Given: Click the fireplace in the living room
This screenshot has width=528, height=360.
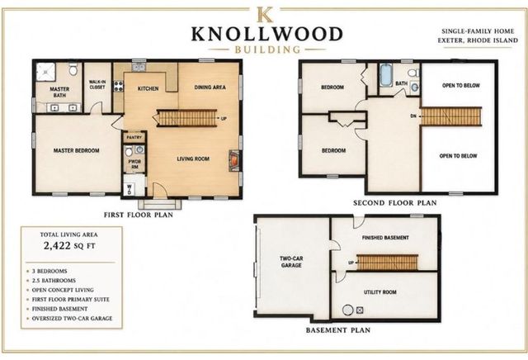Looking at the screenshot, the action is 233,160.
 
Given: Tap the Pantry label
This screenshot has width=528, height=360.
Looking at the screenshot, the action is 134,138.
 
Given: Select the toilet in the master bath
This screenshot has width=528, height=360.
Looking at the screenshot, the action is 73,69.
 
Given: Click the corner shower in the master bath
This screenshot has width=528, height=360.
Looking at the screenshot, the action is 45,72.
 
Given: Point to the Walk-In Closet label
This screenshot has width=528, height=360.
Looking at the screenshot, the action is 97,84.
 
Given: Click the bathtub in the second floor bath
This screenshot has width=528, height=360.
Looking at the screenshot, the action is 385,75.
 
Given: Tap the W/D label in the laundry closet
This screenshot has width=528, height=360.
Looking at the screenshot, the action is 129,189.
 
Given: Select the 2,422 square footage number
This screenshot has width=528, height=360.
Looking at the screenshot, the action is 57,245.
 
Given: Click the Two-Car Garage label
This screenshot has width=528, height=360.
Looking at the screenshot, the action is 291,262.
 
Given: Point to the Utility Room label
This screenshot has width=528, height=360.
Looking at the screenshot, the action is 379,292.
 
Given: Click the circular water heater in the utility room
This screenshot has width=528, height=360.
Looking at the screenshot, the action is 348,310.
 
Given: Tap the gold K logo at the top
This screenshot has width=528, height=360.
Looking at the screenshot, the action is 265,15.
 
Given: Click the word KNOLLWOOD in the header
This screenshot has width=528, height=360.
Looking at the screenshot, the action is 267,34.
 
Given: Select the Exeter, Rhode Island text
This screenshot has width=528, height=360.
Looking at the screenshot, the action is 478,40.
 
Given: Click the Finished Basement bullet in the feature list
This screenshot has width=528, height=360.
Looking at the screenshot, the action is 59,309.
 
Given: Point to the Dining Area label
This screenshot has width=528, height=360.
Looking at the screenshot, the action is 210,88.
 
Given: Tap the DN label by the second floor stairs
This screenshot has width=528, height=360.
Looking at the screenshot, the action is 413,116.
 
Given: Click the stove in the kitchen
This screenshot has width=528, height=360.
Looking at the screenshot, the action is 119,85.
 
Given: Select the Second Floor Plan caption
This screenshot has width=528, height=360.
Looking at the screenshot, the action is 394,203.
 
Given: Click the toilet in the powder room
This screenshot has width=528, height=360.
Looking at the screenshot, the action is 129,151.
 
